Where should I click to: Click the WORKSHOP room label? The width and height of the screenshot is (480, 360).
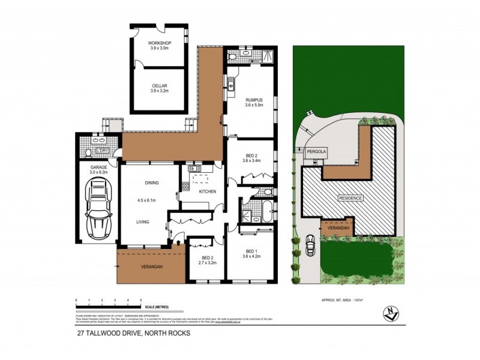click(x=160, y=43)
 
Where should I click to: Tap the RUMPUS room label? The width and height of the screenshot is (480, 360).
click(x=254, y=100)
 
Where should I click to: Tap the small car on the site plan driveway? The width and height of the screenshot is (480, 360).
click(x=311, y=245)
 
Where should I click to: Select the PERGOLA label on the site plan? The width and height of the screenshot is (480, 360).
click(x=316, y=152)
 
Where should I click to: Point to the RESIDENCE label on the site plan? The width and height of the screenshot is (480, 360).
click(x=350, y=197)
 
